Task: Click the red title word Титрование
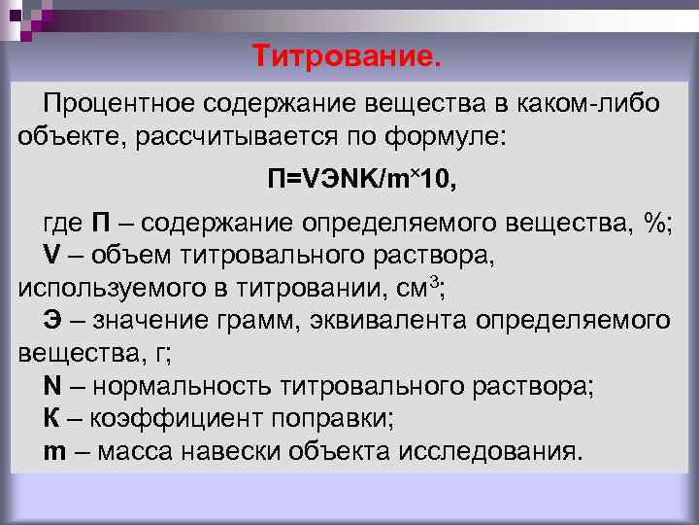[x=348, y=55]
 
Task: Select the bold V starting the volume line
[x=51, y=255]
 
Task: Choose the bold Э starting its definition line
[x=52, y=319]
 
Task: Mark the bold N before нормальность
[x=52, y=386]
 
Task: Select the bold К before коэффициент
[x=52, y=419]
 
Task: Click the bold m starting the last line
[x=54, y=452]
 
